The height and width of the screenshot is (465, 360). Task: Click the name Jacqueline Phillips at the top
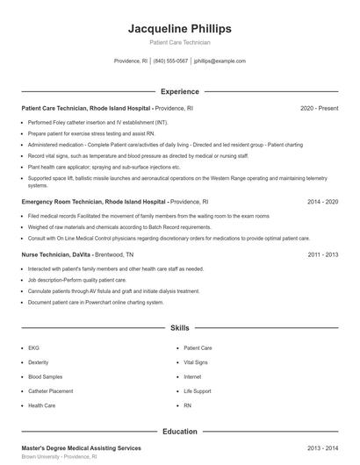(x=180, y=28)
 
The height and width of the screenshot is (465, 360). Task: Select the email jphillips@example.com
(x=220, y=61)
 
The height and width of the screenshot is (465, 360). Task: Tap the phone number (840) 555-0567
(x=170, y=61)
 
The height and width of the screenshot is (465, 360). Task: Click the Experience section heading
(x=180, y=91)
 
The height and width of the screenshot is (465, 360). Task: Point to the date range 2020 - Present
(x=319, y=108)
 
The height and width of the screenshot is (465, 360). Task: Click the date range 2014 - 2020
(x=323, y=201)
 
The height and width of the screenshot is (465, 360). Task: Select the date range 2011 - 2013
(x=323, y=254)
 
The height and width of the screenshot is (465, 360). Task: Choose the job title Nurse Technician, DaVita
(x=54, y=254)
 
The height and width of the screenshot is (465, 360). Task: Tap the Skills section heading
(x=180, y=328)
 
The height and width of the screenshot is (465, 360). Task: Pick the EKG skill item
(x=32, y=347)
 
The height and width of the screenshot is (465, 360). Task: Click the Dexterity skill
(x=38, y=361)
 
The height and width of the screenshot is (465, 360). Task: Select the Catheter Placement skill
(x=50, y=390)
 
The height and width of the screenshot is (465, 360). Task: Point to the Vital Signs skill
(x=197, y=361)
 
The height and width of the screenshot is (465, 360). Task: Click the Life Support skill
(x=198, y=390)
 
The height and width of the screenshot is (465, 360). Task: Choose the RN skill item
(x=188, y=405)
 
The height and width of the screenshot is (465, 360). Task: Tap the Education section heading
(x=180, y=432)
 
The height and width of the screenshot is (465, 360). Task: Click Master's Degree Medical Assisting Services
(x=81, y=448)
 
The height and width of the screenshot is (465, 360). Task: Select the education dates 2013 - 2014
(x=323, y=448)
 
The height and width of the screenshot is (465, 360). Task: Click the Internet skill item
(x=193, y=376)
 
